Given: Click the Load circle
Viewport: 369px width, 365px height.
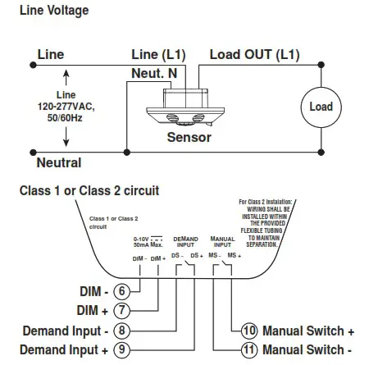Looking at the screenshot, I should tap(321, 107).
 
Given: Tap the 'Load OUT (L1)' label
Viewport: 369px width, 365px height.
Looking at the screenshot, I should tap(254, 55).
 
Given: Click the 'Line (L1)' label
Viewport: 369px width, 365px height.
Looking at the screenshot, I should tap(158, 55).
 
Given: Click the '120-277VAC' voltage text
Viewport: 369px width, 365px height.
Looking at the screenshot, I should tap(66, 107).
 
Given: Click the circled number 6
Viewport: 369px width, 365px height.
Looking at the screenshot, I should tap(121, 291).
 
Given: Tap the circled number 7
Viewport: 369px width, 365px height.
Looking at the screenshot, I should tap(121, 311).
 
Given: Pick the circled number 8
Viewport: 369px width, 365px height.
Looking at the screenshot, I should tap(121, 331).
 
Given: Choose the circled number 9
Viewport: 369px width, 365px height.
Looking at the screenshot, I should tap(121, 350).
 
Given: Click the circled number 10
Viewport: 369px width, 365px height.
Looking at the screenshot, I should tap(249, 331).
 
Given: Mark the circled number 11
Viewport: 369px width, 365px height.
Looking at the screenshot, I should tap(249, 350).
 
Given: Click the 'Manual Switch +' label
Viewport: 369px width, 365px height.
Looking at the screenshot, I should tap(308, 331).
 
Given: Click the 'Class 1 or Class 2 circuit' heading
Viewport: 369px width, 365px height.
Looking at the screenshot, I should tap(89, 190).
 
